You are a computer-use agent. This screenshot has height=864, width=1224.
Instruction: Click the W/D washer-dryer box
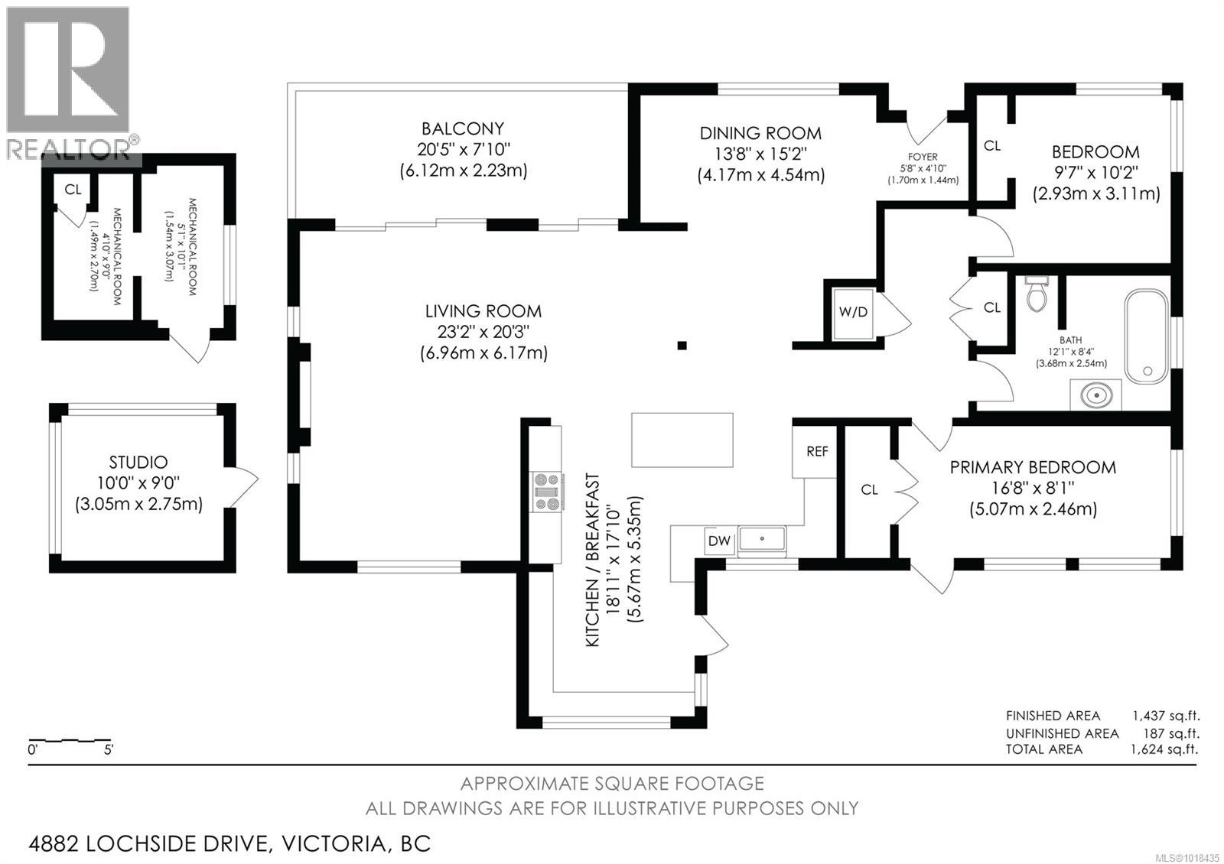coord(853,312)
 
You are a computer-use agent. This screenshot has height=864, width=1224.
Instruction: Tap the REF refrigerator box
coord(816,452)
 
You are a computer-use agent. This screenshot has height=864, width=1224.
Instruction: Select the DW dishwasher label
coord(719,541)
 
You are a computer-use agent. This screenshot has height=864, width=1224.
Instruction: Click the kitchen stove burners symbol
coord(548,491)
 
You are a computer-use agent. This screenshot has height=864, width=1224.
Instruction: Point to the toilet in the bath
coord(1037,294)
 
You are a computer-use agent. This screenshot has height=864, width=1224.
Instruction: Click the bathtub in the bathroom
coord(1146,336)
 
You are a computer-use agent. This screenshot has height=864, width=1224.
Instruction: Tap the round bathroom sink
coord(1095,396)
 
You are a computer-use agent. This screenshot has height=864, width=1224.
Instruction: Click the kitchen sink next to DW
coord(762,539)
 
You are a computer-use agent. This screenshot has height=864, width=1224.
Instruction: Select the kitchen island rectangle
coord(682,440)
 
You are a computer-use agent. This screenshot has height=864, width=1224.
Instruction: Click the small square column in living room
coord(682,346)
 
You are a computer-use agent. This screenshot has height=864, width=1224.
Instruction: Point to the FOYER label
coord(923,157)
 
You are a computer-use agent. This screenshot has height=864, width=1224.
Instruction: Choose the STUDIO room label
coord(138,463)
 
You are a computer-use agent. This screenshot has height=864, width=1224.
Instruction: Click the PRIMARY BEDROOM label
coord(1032,467)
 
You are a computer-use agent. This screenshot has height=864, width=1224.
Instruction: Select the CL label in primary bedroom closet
coord(869,489)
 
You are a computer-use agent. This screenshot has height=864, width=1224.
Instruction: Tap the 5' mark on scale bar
coord(108,750)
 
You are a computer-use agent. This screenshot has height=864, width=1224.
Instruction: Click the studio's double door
coord(243,486)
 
